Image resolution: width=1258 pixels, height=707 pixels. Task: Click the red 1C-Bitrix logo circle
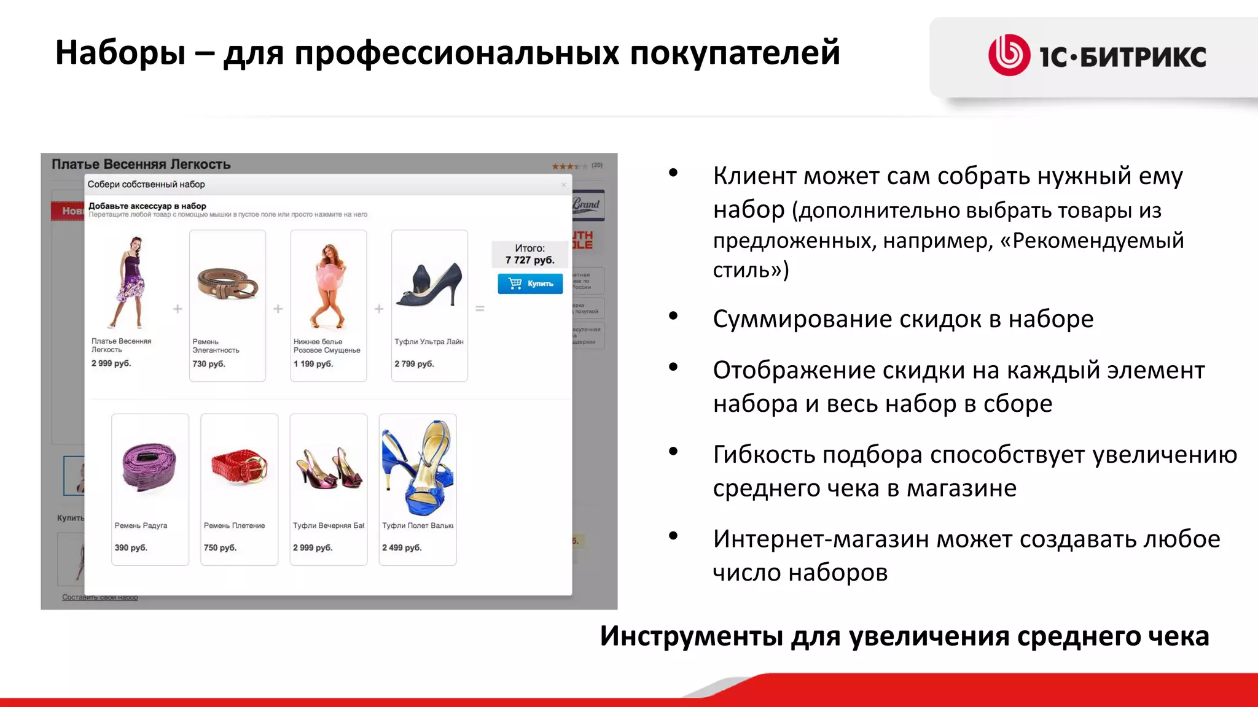tap(1009, 55)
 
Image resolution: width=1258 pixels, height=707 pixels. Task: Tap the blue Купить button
tap(530, 284)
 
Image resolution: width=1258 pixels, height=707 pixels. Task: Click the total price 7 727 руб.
tap(529, 260)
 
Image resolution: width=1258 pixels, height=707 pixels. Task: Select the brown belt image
tap(227, 284)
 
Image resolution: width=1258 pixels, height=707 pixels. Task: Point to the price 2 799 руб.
tap(414, 364)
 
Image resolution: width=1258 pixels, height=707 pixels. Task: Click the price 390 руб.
tap(131, 547)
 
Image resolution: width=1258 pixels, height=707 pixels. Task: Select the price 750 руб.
tap(220, 547)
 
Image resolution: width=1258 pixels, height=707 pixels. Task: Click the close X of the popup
tap(563, 185)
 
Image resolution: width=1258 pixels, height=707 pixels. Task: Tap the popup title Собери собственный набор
tap(146, 184)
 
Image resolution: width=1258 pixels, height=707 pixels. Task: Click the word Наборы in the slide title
tap(120, 53)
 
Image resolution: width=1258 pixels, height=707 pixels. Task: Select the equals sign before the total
tap(480, 309)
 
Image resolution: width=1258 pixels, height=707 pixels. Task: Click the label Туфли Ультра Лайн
tap(429, 342)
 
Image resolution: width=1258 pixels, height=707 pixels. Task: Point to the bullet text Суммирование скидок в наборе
tap(903, 319)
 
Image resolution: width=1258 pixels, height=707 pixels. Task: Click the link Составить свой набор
tap(100, 597)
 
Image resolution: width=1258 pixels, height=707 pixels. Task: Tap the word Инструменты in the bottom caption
tap(691, 636)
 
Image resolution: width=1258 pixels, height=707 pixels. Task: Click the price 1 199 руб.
tap(313, 364)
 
